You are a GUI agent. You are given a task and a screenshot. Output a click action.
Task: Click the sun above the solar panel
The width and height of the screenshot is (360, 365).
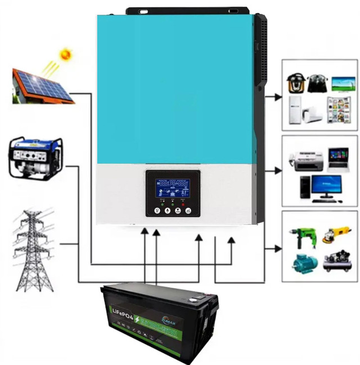point(66,55)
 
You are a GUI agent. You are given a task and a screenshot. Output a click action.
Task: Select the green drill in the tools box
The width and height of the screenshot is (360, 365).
point(295,236)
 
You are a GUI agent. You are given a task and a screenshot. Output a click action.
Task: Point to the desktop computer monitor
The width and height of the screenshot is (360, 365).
point(327,186)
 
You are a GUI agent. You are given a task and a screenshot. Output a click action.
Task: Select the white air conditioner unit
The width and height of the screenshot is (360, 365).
point(313,114)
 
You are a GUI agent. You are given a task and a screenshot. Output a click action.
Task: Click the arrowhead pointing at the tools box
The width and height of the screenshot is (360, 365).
point(277,248)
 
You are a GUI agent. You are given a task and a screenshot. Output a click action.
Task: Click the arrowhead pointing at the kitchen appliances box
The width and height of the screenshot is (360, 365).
point(277,97)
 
